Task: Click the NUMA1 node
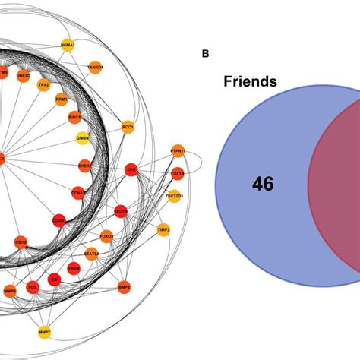(67, 46)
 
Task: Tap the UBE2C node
(24, 76)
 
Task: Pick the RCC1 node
(128, 126)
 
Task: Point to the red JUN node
(131, 170)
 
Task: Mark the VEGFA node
(120, 210)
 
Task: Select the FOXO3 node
(106, 235)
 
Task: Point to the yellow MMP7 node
(45, 332)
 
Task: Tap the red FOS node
(33, 288)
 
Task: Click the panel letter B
(205, 54)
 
